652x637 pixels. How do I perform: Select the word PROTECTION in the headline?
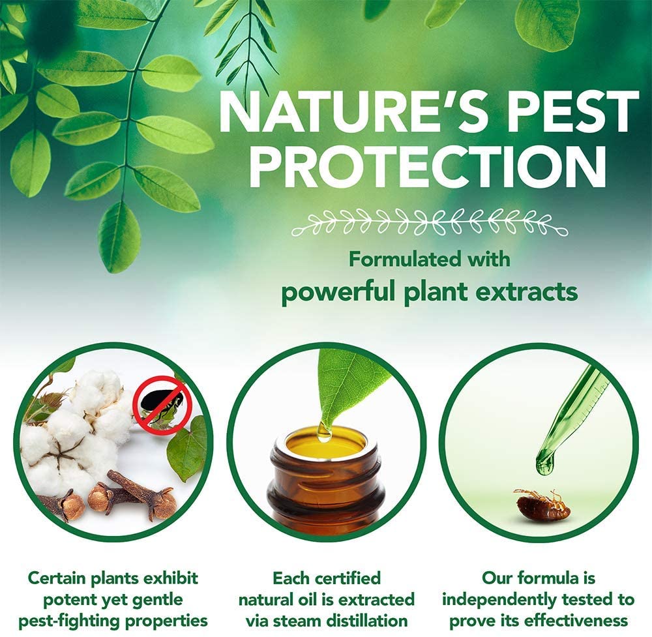pyautogui.click(x=428, y=166)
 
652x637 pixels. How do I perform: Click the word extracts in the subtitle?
pyautogui.click(x=526, y=291)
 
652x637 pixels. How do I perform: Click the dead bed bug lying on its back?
pyautogui.click(x=541, y=504)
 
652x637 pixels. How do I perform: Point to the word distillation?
pyautogui.click(x=366, y=621)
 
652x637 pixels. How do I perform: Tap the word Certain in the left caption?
pyautogui.click(x=57, y=578)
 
